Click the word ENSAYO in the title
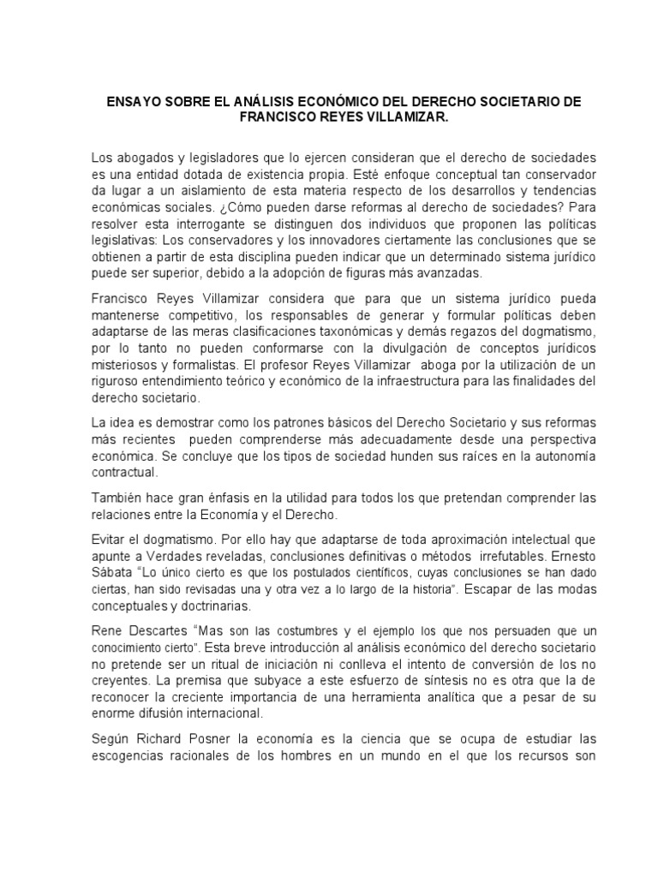tap(135, 102)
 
